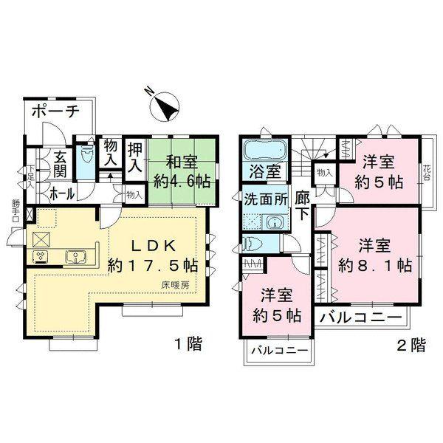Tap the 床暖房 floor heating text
point(176,284)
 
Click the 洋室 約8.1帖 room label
point(374,254)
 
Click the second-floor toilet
point(253,244)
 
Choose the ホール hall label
point(61,193)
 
